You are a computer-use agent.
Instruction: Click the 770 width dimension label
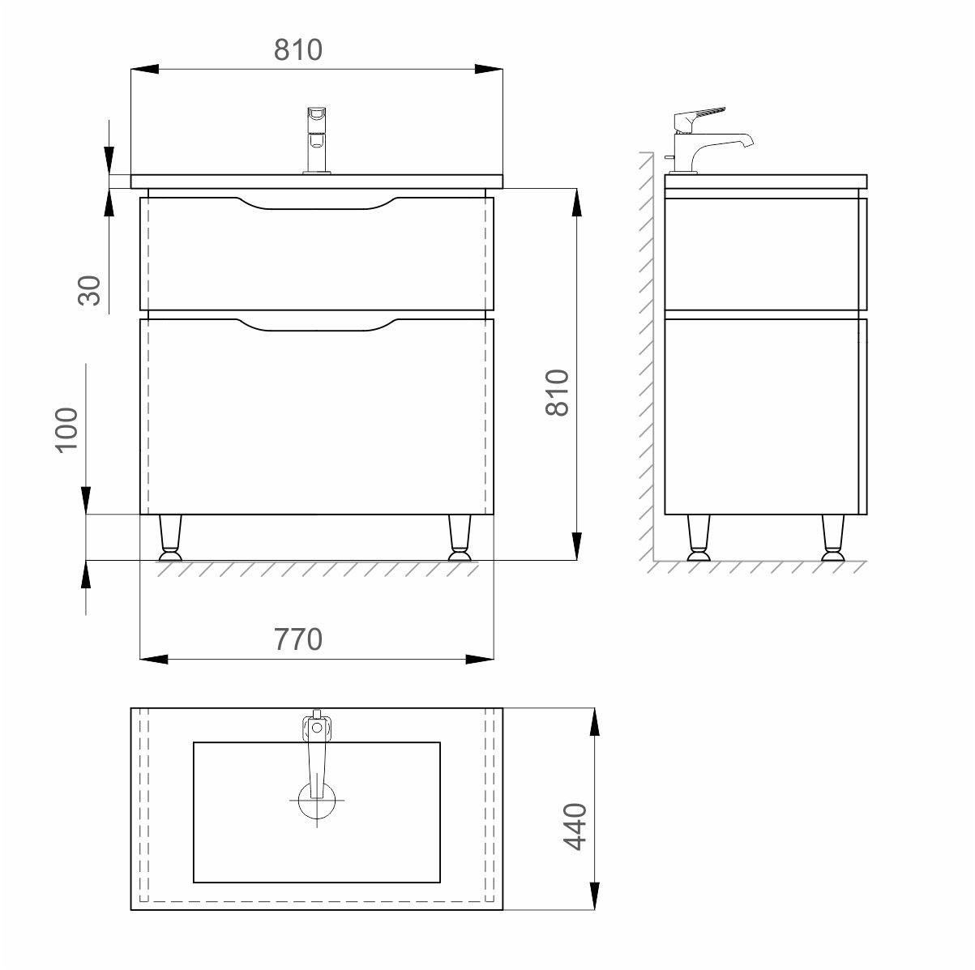click(x=298, y=639)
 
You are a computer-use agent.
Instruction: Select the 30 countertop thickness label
click(x=89, y=290)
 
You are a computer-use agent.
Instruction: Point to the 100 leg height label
click(x=66, y=430)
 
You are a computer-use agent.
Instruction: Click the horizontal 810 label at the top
click(x=298, y=49)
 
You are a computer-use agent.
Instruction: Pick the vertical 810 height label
click(x=558, y=392)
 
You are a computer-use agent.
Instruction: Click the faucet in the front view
click(x=317, y=141)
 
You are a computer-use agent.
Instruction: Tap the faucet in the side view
click(x=708, y=140)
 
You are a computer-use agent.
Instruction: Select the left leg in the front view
click(x=170, y=538)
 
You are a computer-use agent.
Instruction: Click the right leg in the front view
click(x=460, y=538)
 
